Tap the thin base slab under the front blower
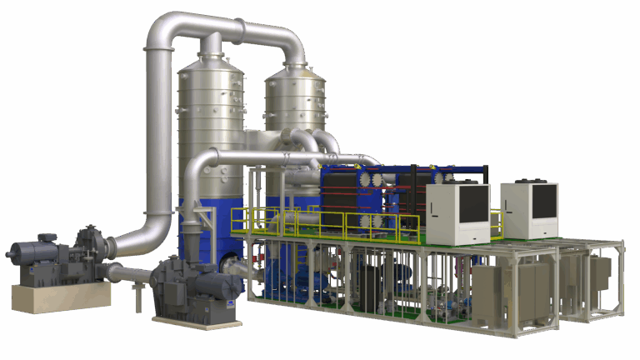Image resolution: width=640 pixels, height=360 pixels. tap(197, 320)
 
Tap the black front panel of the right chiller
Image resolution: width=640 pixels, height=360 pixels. tap(543, 201)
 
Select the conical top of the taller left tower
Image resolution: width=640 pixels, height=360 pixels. tap(211, 58)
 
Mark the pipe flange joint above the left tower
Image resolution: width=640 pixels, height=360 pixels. tap(212, 37)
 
